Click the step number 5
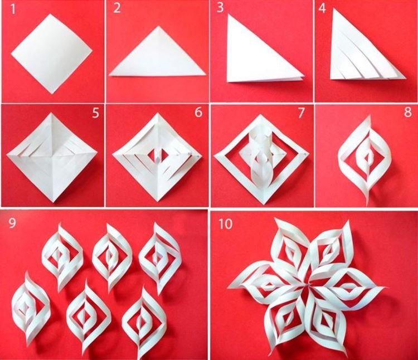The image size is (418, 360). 95,114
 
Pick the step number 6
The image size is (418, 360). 198,114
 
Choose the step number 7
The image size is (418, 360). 302,114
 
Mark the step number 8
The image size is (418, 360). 406,114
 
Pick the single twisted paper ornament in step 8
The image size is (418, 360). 364,158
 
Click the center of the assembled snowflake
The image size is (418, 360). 307,284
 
